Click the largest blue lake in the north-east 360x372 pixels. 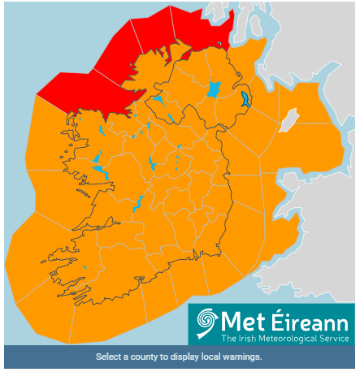point(214,89)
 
